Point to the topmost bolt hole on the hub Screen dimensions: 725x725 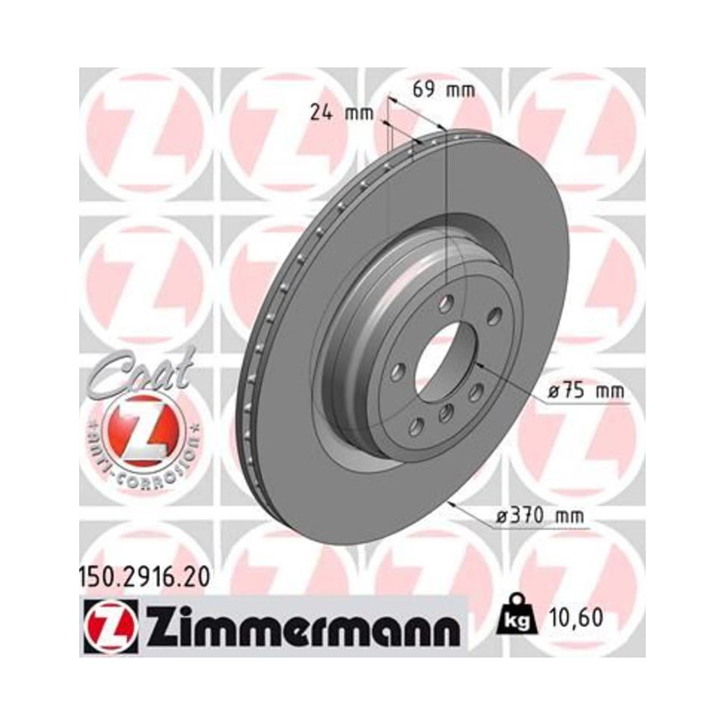tap(446, 302)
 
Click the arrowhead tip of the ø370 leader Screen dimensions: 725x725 tap(453, 502)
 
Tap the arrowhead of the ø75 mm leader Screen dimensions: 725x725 tap(478, 365)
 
